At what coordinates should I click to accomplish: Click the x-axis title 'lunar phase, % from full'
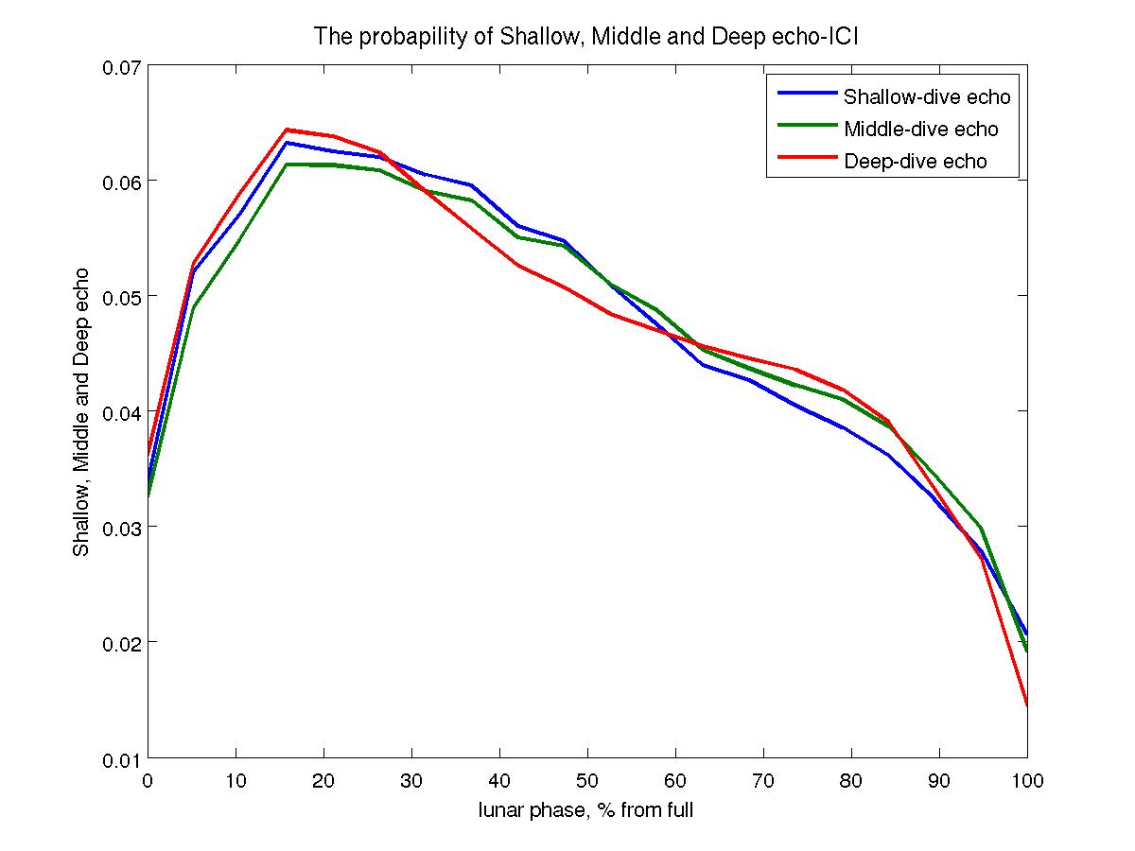point(585,810)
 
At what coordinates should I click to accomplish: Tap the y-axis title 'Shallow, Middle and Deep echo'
point(82,411)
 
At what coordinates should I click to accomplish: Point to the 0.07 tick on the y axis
point(120,67)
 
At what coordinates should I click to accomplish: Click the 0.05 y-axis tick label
point(120,297)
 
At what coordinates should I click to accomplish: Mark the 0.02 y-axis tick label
point(120,643)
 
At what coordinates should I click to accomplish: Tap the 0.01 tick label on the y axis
point(120,758)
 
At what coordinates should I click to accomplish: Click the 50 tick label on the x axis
point(587,779)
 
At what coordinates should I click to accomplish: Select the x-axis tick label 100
point(1026,779)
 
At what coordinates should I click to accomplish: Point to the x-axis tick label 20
point(324,779)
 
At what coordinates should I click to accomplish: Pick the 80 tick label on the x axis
point(850,779)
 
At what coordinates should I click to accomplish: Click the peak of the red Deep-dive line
point(287,130)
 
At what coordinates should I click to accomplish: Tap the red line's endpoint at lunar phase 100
point(1026,705)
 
